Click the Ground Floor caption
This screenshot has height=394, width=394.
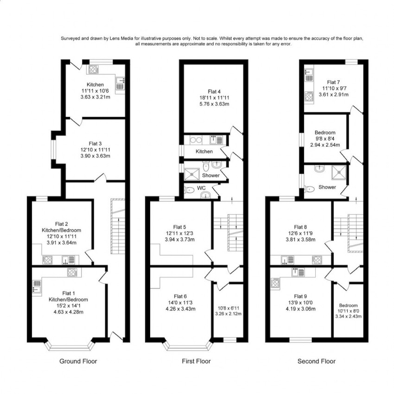(78, 362)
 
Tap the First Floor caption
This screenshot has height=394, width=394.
(196, 362)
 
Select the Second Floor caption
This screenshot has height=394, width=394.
(316, 362)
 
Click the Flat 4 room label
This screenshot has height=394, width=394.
(214, 91)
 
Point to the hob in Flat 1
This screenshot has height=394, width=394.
(72, 272)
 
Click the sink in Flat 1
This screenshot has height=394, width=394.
(37, 286)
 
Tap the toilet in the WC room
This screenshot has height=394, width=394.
(189, 191)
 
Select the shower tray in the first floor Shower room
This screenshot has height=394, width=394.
(192, 174)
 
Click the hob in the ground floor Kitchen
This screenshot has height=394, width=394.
(94, 69)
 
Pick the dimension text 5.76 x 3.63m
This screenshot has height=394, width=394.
(214, 104)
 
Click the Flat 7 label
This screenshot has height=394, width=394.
(333, 82)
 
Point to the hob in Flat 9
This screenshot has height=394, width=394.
(275, 283)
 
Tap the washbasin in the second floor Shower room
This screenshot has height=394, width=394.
(319, 168)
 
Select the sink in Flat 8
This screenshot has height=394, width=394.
(287, 260)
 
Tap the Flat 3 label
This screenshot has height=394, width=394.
(95, 144)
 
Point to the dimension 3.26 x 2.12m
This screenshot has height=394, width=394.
(229, 314)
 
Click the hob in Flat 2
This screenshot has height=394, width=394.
(47, 260)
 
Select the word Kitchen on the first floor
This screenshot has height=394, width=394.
(204, 152)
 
